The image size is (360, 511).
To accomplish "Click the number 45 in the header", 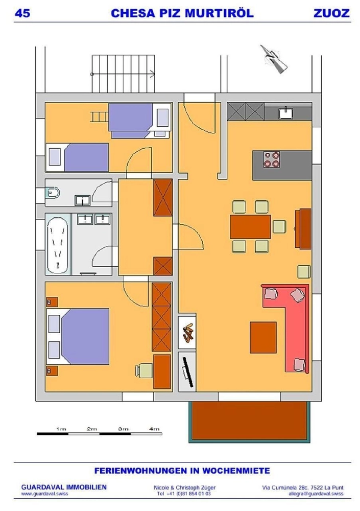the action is [x=22, y=13].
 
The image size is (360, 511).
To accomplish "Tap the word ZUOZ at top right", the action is [x=331, y=13].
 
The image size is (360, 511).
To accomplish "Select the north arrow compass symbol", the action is [x=274, y=59].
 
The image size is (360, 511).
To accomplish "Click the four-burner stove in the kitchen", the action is [x=272, y=159].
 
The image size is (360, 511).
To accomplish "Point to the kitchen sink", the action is [x=286, y=113].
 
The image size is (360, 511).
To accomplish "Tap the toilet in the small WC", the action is [x=53, y=193].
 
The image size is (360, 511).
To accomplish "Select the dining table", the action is [x=250, y=226].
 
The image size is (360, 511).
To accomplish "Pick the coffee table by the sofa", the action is [x=263, y=338].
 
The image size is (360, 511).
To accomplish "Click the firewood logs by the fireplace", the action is [x=187, y=333].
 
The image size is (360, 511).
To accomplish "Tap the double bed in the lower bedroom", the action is [x=78, y=337].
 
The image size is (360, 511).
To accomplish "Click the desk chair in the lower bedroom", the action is [x=143, y=370].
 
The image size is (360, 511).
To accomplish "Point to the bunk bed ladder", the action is [x=99, y=117].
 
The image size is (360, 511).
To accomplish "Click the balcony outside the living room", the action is [x=250, y=422].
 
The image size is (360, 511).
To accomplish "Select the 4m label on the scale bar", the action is [x=154, y=429].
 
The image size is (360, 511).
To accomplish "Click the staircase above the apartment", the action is [x=124, y=74].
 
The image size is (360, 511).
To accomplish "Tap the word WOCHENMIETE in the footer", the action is [x=236, y=471].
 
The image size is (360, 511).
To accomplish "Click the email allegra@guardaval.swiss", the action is [x=316, y=494].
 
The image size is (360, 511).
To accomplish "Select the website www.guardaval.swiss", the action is [x=44, y=494].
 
